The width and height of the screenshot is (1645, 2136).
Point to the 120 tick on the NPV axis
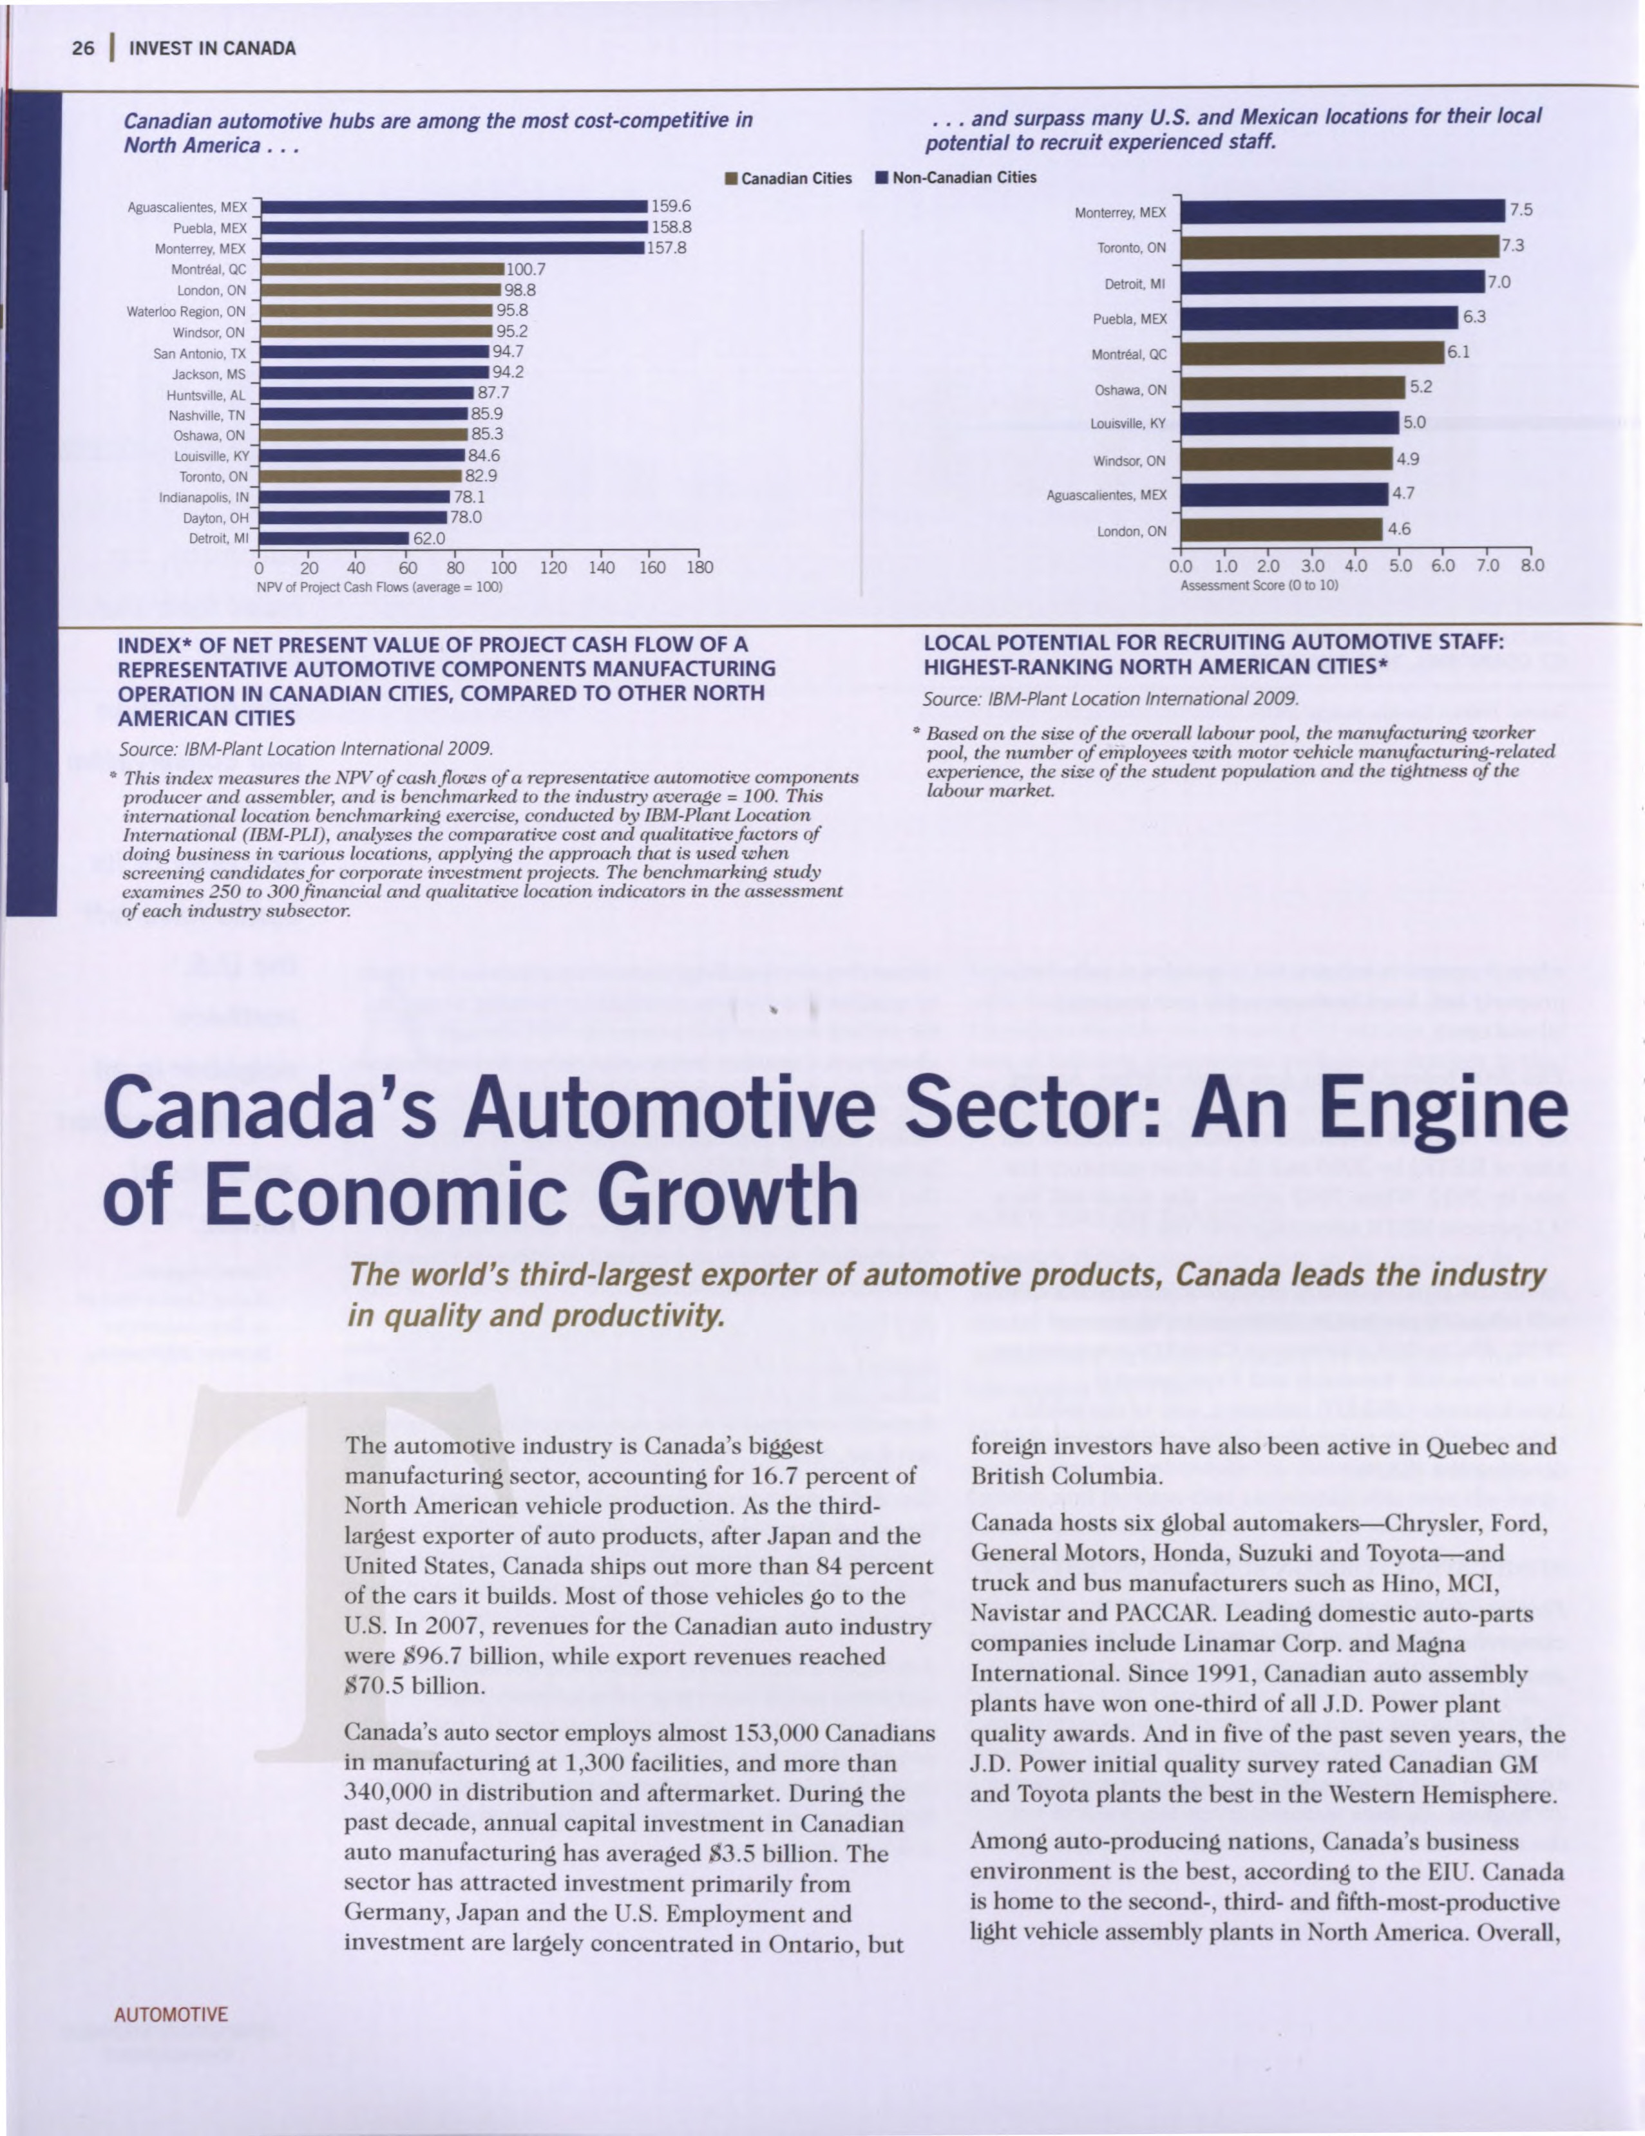pos(553,567)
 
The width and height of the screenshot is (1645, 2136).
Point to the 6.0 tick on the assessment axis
pos(1441,566)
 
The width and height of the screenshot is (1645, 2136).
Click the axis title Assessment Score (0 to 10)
pos(1259,585)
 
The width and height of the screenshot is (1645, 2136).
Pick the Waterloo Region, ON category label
pos(186,312)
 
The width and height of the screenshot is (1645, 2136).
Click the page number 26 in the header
pos(83,48)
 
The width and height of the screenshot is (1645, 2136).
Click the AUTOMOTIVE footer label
pos(171,2015)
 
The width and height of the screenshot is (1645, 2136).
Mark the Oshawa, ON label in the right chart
pos(1130,390)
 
